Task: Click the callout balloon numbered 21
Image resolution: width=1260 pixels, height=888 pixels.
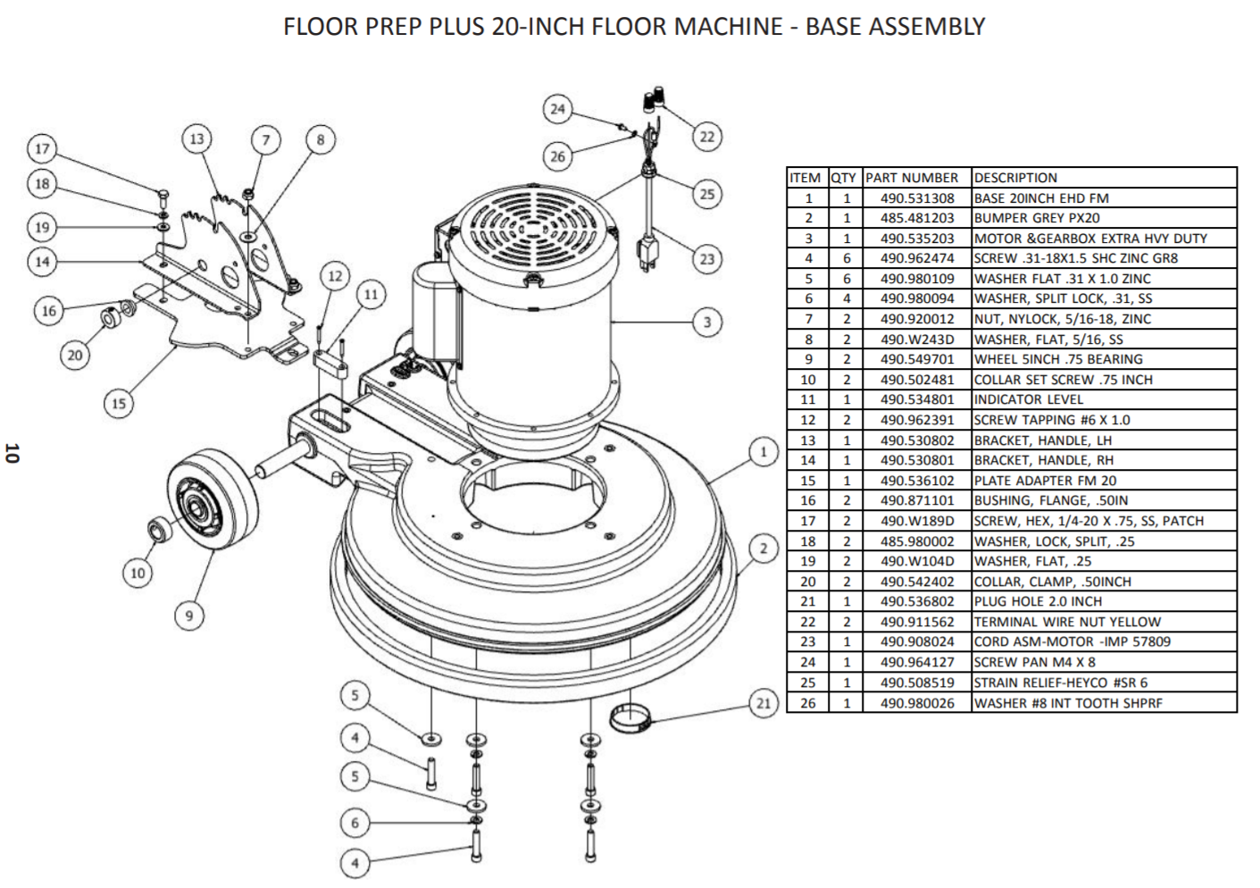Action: coord(763,704)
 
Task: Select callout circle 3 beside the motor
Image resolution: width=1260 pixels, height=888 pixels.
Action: coord(707,322)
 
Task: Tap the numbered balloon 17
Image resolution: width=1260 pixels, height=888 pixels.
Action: coord(42,148)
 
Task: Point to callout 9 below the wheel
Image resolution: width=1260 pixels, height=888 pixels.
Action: coord(188,616)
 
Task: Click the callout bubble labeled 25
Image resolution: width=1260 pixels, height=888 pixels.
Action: coord(707,194)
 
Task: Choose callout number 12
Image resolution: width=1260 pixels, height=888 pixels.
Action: coord(335,276)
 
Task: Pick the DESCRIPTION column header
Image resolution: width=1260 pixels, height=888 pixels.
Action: coord(1015,178)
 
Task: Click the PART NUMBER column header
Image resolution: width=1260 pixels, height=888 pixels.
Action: coord(912,178)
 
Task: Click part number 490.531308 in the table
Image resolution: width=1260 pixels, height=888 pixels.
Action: coord(917,198)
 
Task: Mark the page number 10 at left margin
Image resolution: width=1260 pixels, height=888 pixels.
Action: coord(11,453)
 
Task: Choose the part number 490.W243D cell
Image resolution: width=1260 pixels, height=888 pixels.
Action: coord(917,339)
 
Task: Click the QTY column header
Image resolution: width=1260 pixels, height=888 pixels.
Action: coord(843,178)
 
